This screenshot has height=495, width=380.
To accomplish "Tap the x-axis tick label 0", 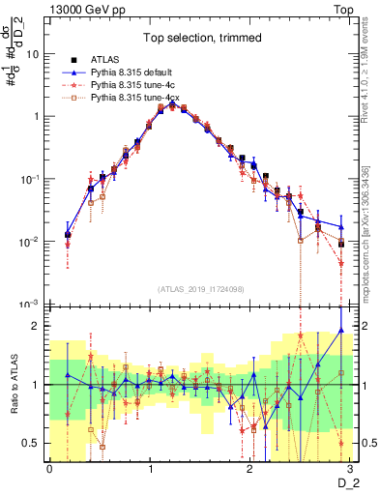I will click(x=49, y=470).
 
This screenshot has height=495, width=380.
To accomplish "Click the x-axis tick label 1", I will click(x=150, y=470).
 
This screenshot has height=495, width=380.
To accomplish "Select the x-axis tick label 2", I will click(x=250, y=470).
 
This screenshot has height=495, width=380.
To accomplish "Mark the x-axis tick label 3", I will click(x=351, y=470).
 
